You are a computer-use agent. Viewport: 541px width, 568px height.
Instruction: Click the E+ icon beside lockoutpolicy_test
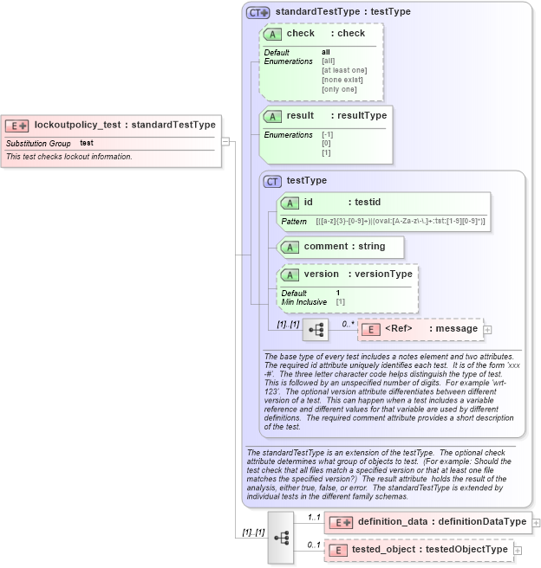17,125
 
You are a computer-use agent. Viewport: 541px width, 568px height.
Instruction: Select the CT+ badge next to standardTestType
258,12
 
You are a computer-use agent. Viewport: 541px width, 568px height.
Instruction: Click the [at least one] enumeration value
344,70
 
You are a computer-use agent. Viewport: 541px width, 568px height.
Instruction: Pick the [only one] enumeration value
339,89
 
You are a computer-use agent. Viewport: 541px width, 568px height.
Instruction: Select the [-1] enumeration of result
327,135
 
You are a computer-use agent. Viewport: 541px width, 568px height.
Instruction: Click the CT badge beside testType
273,181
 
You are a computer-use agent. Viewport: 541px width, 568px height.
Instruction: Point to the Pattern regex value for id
400,223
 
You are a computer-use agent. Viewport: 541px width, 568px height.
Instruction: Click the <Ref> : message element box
420,329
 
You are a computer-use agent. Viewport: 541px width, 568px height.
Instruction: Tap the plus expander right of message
487,330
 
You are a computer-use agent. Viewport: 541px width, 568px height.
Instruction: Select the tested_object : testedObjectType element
420,550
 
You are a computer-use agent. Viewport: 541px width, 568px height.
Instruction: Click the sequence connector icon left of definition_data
281,537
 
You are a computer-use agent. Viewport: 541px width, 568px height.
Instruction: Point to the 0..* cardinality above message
349,324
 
